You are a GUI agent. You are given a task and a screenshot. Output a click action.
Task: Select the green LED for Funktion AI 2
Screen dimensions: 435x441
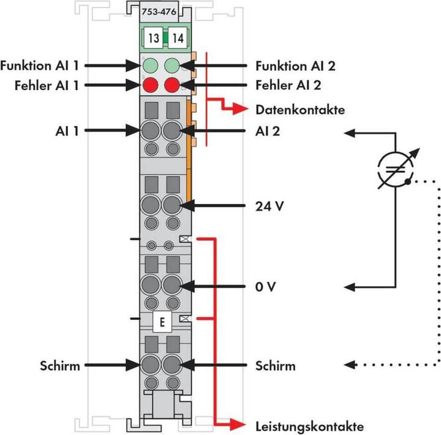(x=173, y=65)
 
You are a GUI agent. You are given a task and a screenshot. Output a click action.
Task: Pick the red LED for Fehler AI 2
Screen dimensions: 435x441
(x=173, y=85)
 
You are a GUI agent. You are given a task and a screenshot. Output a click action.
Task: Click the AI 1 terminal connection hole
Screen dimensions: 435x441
(x=149, y=130)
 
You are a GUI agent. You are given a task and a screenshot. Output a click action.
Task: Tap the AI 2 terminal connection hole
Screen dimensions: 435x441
(x=172, y=130)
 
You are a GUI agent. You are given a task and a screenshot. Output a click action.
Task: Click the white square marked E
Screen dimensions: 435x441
(x=162, y=322)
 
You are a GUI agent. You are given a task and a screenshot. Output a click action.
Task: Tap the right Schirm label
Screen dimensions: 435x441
(x=274, y=366)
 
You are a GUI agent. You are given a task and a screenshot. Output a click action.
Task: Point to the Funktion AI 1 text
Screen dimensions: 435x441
(x=39, y=65)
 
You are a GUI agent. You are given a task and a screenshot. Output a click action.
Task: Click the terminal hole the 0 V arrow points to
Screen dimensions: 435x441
(x=172, y=286)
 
